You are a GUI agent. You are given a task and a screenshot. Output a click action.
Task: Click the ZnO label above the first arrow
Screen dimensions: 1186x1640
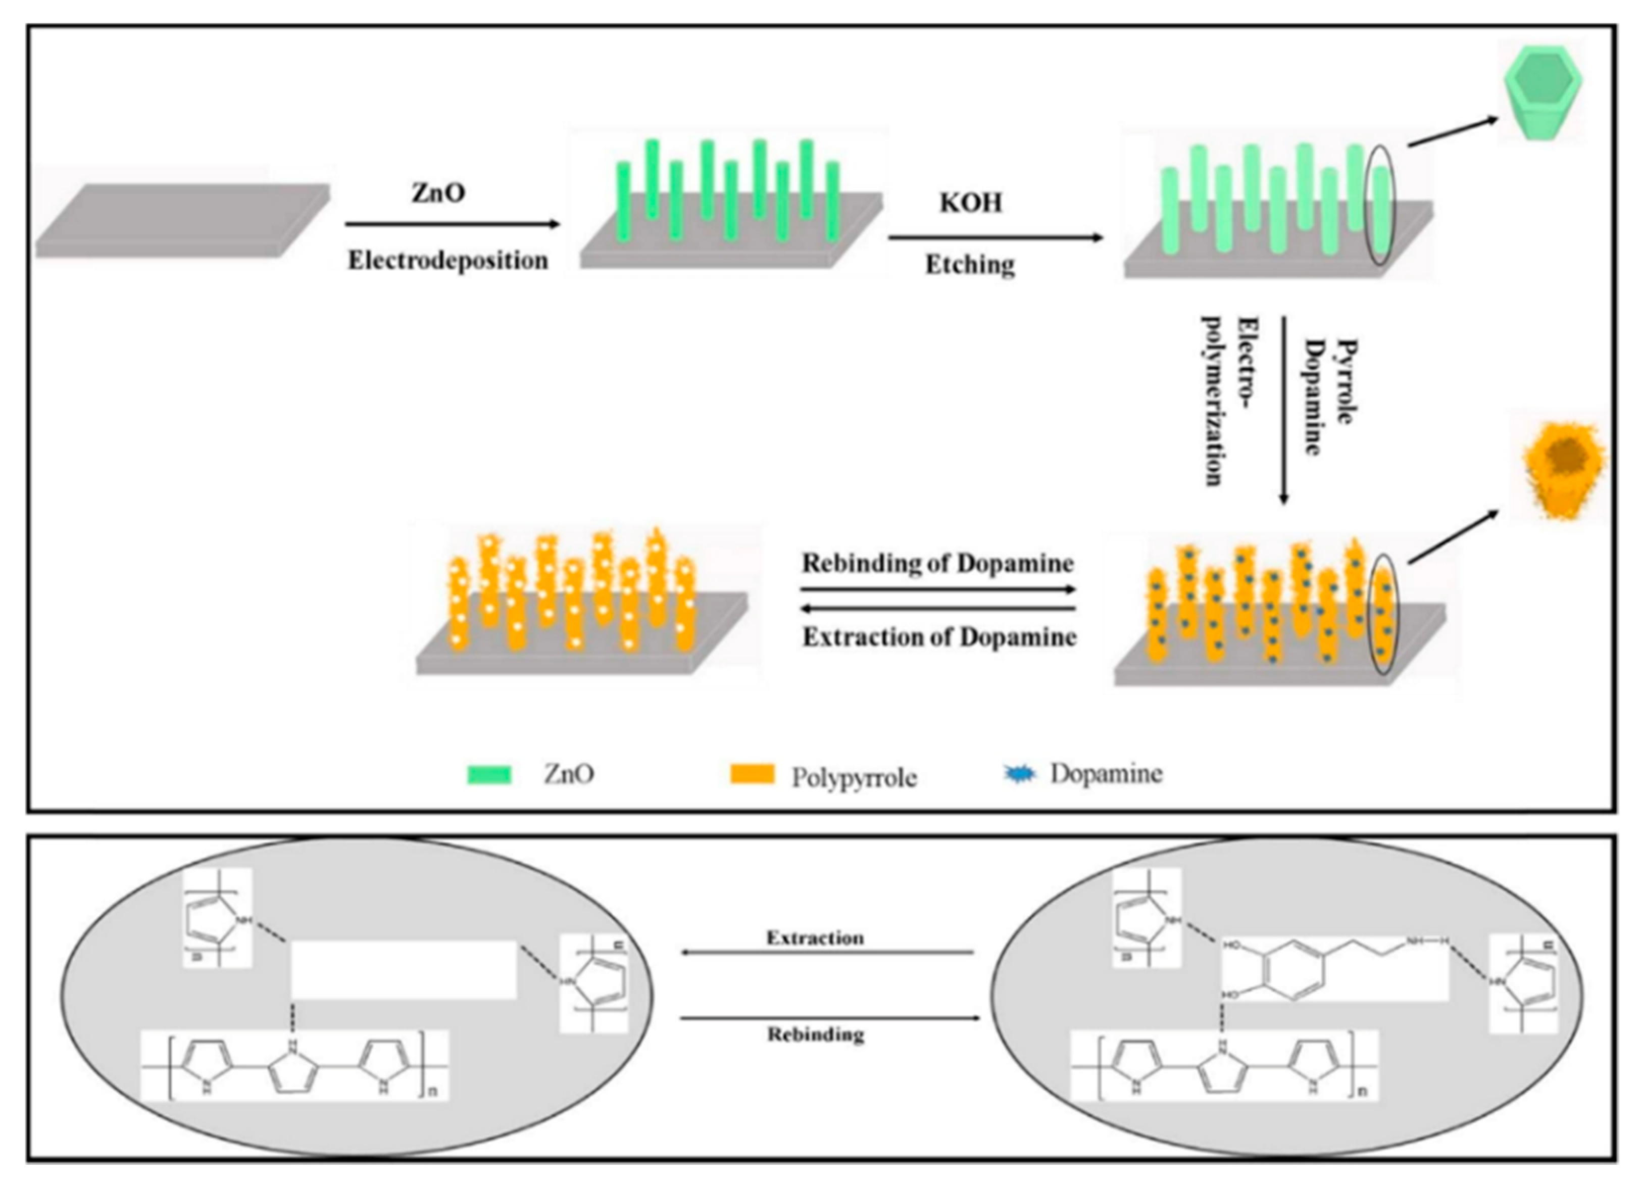tap(438, 193)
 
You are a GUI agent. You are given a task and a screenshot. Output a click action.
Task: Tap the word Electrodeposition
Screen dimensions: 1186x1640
tap(448, 260)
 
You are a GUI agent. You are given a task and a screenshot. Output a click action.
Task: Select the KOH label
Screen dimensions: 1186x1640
tap(970, 203)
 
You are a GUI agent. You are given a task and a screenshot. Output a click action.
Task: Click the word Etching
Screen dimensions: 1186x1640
tap(970, 265)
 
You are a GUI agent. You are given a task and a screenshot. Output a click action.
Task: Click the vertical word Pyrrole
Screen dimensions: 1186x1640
tap(1344, 381)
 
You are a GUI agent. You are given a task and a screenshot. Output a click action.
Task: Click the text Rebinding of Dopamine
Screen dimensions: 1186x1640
tap(937, 563)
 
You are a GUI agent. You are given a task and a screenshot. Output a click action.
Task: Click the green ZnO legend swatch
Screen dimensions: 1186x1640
tap(489, 774)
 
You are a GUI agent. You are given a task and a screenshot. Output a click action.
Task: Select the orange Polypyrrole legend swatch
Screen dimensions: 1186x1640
tap(752, 774)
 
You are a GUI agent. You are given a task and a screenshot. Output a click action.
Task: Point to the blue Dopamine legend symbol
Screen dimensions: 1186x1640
tap(1020, 774)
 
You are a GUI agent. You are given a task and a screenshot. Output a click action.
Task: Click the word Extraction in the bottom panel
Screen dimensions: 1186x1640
tap(815, 938)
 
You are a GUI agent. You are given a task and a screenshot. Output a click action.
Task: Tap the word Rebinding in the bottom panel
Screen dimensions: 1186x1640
tap(815, 1035)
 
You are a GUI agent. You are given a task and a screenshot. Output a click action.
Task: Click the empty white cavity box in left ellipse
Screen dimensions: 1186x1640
tap(404, 970)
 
